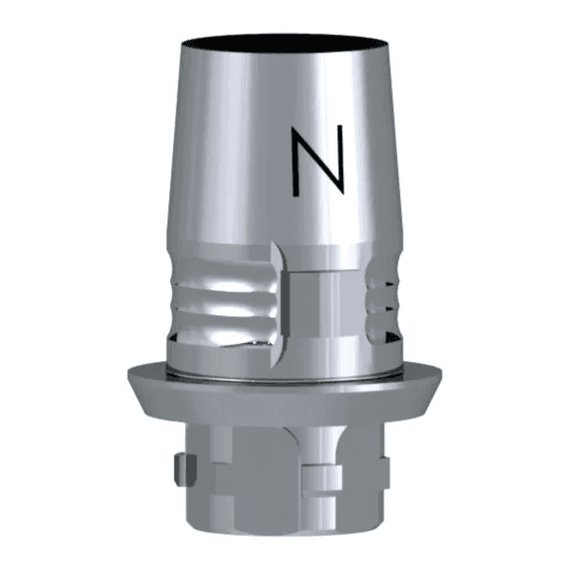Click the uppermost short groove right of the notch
[382, 281]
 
